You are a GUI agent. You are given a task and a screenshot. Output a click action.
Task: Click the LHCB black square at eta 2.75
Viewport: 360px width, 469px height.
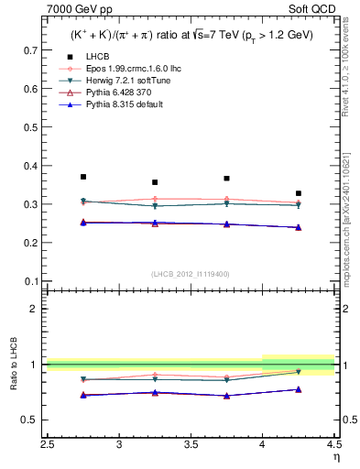coord(83,177)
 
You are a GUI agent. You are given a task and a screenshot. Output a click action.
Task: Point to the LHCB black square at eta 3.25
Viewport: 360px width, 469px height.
coord(155,182)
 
